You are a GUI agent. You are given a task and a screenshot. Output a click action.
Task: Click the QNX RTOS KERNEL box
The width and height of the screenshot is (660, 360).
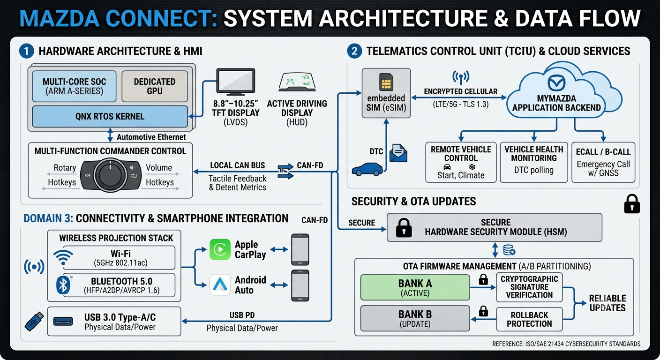coord(110,116)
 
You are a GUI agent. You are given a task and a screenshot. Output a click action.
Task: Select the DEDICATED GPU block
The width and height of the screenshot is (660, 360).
coord(155,86)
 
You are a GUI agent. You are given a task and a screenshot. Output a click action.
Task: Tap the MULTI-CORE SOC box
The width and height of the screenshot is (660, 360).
coord(74,86)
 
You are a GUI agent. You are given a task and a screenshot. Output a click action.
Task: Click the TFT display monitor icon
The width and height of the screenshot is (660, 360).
coord(236,82)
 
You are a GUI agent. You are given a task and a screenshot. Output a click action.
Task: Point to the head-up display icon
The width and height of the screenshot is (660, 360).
coord(297,82)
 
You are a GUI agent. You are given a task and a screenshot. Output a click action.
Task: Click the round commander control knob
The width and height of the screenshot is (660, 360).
coord(110,175)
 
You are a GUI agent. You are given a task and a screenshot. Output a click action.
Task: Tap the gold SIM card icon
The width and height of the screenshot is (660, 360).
coord(386,82)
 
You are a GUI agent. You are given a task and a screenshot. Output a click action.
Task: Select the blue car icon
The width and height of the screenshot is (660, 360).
coord(367,169)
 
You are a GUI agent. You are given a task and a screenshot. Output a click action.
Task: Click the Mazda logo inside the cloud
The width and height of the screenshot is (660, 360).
coord(556,83)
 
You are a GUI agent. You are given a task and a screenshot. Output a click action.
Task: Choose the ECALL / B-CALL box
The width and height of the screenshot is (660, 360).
coord(603,162)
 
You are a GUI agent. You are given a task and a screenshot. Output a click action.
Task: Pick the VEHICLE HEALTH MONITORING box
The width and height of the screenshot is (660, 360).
coord(534,162)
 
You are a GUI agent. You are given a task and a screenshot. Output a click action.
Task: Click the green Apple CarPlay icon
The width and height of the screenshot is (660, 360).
coord(220,249)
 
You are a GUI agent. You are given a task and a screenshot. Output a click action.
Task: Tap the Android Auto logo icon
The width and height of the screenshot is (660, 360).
coord(220,285)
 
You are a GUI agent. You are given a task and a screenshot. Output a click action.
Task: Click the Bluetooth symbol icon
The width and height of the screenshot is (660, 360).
coord(63,285)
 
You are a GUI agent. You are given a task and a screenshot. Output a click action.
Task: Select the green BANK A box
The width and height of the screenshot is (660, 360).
coord(415,287)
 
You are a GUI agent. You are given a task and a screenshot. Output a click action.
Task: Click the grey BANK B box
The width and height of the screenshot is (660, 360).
coord(415,318)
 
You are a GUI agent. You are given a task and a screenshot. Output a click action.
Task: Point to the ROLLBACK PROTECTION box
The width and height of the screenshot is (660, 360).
coord(529,319)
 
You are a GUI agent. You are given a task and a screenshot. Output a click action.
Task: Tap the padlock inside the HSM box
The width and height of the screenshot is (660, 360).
coord(404,228)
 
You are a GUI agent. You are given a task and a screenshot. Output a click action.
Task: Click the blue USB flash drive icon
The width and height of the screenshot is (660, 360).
coord(34,322)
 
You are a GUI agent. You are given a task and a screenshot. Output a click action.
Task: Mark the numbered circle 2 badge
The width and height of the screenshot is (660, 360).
coord(354,51)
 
